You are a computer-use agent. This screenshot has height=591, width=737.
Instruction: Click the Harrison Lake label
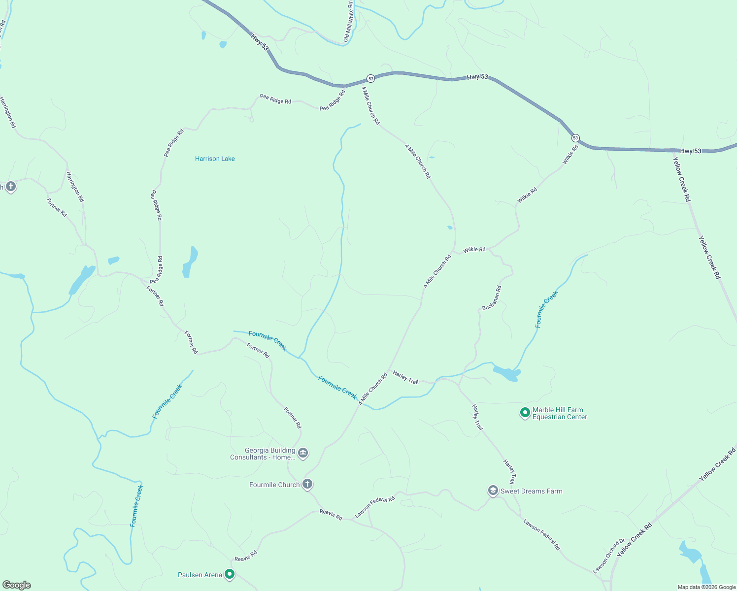click(215, 159)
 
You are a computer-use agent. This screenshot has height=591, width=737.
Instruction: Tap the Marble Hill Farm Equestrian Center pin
click(525, 412)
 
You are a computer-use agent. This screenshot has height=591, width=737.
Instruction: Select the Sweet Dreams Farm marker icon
click(493, 491)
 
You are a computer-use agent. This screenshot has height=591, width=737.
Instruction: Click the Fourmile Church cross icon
click(307, 484)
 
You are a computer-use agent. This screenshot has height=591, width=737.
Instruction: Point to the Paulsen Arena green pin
click(229, 574)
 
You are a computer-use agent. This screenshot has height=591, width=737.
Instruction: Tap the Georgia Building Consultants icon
click(303, 453)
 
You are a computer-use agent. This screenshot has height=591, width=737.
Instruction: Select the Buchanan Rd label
click(492, 298)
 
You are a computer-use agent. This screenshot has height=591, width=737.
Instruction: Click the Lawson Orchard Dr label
click(608, 556)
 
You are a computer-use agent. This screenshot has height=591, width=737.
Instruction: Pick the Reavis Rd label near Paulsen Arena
click(246, 556)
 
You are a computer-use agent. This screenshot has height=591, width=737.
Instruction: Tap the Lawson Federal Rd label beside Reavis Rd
click(375, 507)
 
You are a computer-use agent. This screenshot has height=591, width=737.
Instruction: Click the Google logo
click(17, 585)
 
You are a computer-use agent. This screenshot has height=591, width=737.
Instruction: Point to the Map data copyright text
click(706, 587)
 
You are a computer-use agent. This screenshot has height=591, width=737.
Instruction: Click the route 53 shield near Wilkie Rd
click(575, 138)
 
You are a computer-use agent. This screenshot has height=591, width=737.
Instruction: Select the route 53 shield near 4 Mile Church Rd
click(370, 79)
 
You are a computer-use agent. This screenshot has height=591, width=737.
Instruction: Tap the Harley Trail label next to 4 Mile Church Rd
click(406, 378)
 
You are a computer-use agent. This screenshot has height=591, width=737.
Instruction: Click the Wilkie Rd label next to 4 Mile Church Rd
click(474, 250)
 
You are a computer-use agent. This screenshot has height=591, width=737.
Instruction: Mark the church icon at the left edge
click(11, 187)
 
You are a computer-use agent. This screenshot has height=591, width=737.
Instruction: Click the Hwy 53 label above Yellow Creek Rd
click(691, 151)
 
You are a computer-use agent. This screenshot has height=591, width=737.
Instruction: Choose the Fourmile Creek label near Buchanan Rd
click(547, 309)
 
